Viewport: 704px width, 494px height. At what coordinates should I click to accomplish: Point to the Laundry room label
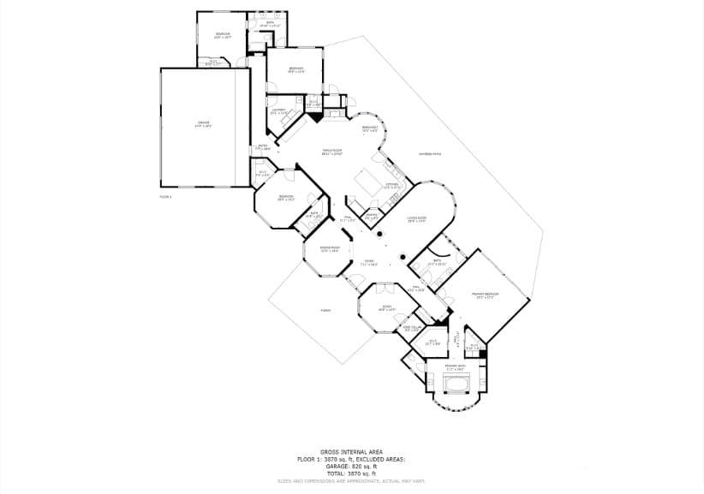tap(278, 110)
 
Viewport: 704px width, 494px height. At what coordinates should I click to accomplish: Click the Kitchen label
tap(391, 185)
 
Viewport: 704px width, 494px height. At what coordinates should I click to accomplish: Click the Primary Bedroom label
tap(485, 295)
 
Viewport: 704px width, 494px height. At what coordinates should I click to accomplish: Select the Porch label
tap(325, 310)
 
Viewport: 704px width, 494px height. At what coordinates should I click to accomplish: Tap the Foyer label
tap(368, 263)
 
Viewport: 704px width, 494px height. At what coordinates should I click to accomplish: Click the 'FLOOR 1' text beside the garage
tap(166, 197)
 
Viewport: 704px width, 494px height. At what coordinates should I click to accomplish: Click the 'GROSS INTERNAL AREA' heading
tap(351, 451)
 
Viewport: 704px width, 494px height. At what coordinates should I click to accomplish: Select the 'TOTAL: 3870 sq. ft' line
tap(351, 473)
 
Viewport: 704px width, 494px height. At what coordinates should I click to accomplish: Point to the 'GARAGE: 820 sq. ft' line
tap(351, 466)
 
